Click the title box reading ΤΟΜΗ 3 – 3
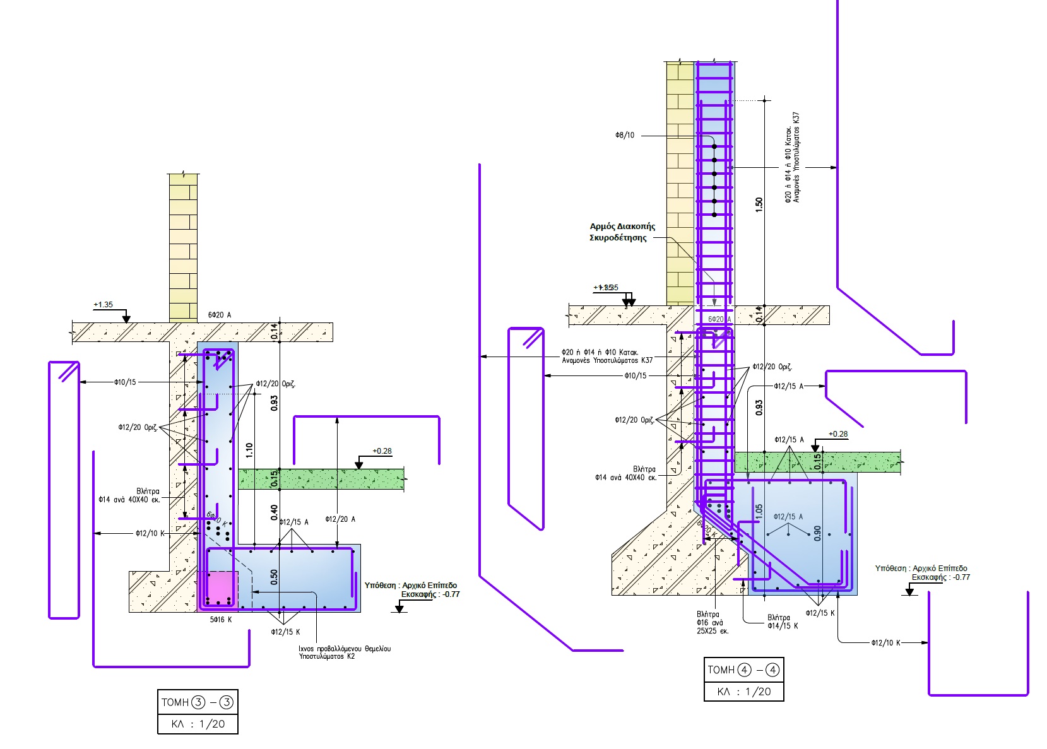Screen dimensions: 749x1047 click(x=198, y=702)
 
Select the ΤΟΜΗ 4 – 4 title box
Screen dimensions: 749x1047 click(x=743, y=670)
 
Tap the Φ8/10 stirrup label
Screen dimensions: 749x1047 click(x=625, y=136)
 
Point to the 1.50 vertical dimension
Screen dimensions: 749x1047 click(x=759, y=204)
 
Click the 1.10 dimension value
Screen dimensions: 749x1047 click(x=249, y=450)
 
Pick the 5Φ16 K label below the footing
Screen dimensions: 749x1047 click(x=221, y=620)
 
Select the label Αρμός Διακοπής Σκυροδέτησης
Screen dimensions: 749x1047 click(x=622, y=232)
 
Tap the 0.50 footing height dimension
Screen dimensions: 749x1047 click(x=274, y=577)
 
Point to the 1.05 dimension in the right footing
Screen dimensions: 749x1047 click(x=759, y=510)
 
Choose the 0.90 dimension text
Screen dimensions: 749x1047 click(x=817, y=533)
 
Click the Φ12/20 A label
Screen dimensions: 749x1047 click(x=340, y=519)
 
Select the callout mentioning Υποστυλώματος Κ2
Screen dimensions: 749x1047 click(x=344, y=652)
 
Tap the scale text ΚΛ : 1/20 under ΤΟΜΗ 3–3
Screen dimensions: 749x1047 click(x=198, y=724)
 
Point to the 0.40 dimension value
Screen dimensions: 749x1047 click(x=274, y=512)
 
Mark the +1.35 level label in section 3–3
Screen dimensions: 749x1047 click(x=103, y=305)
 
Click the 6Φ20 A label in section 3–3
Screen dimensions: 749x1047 click(x=220, y=315)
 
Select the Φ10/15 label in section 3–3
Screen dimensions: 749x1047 click(x=125, y=382)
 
